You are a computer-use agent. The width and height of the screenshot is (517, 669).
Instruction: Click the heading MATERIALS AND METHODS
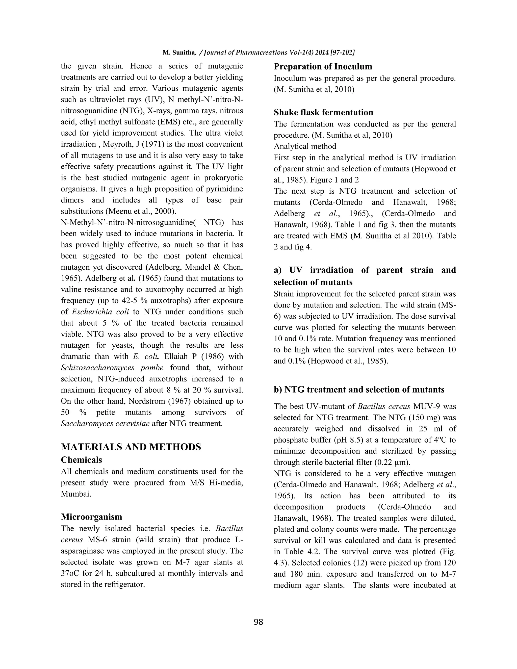(131, 447)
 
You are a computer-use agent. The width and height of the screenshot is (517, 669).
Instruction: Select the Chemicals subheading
(81, 460)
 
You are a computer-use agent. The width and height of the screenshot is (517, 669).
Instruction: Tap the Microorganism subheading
(91, 517)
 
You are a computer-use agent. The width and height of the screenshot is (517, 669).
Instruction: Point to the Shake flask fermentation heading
(323, 112)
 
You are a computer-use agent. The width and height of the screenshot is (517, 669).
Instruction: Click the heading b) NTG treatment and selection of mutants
(359, 390)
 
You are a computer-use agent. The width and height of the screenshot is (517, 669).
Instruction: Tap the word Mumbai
(76, 494)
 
